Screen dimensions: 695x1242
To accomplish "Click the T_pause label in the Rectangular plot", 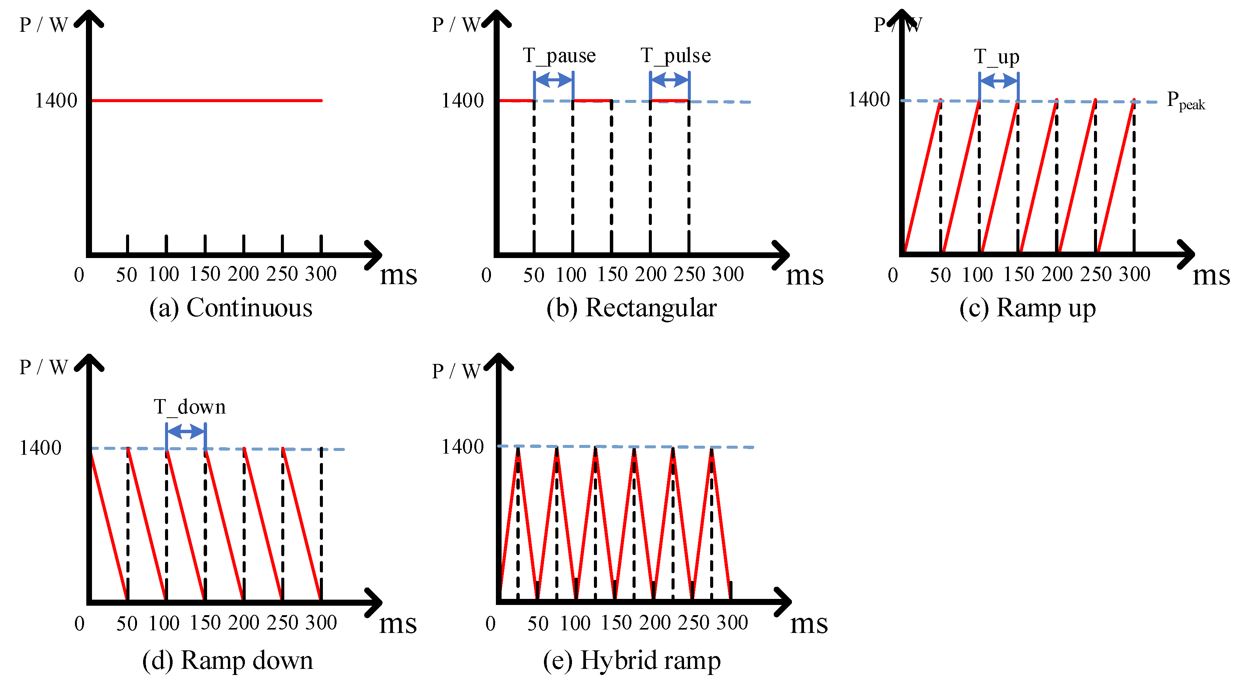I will [559, 56].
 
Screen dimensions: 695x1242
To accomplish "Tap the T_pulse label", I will [675, 56].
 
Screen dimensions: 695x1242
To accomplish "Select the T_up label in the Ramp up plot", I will [997, 57].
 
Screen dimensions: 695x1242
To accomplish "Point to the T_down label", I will [190, 407].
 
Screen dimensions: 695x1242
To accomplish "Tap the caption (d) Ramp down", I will [228, 660].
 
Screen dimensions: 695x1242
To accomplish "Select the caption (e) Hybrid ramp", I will [632, 660].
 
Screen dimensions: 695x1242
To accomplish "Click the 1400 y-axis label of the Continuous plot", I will [56, 101].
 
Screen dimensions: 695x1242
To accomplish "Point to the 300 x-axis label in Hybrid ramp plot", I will [732, 623].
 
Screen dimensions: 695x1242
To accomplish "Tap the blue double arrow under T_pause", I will [553, 79].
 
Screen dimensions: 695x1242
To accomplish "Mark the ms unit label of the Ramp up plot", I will [1211, 276].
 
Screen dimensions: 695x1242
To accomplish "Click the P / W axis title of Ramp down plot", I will [44, 368].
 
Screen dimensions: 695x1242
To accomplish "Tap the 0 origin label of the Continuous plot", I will [79, 275].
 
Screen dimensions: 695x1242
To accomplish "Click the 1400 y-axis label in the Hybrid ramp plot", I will [462, 447].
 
